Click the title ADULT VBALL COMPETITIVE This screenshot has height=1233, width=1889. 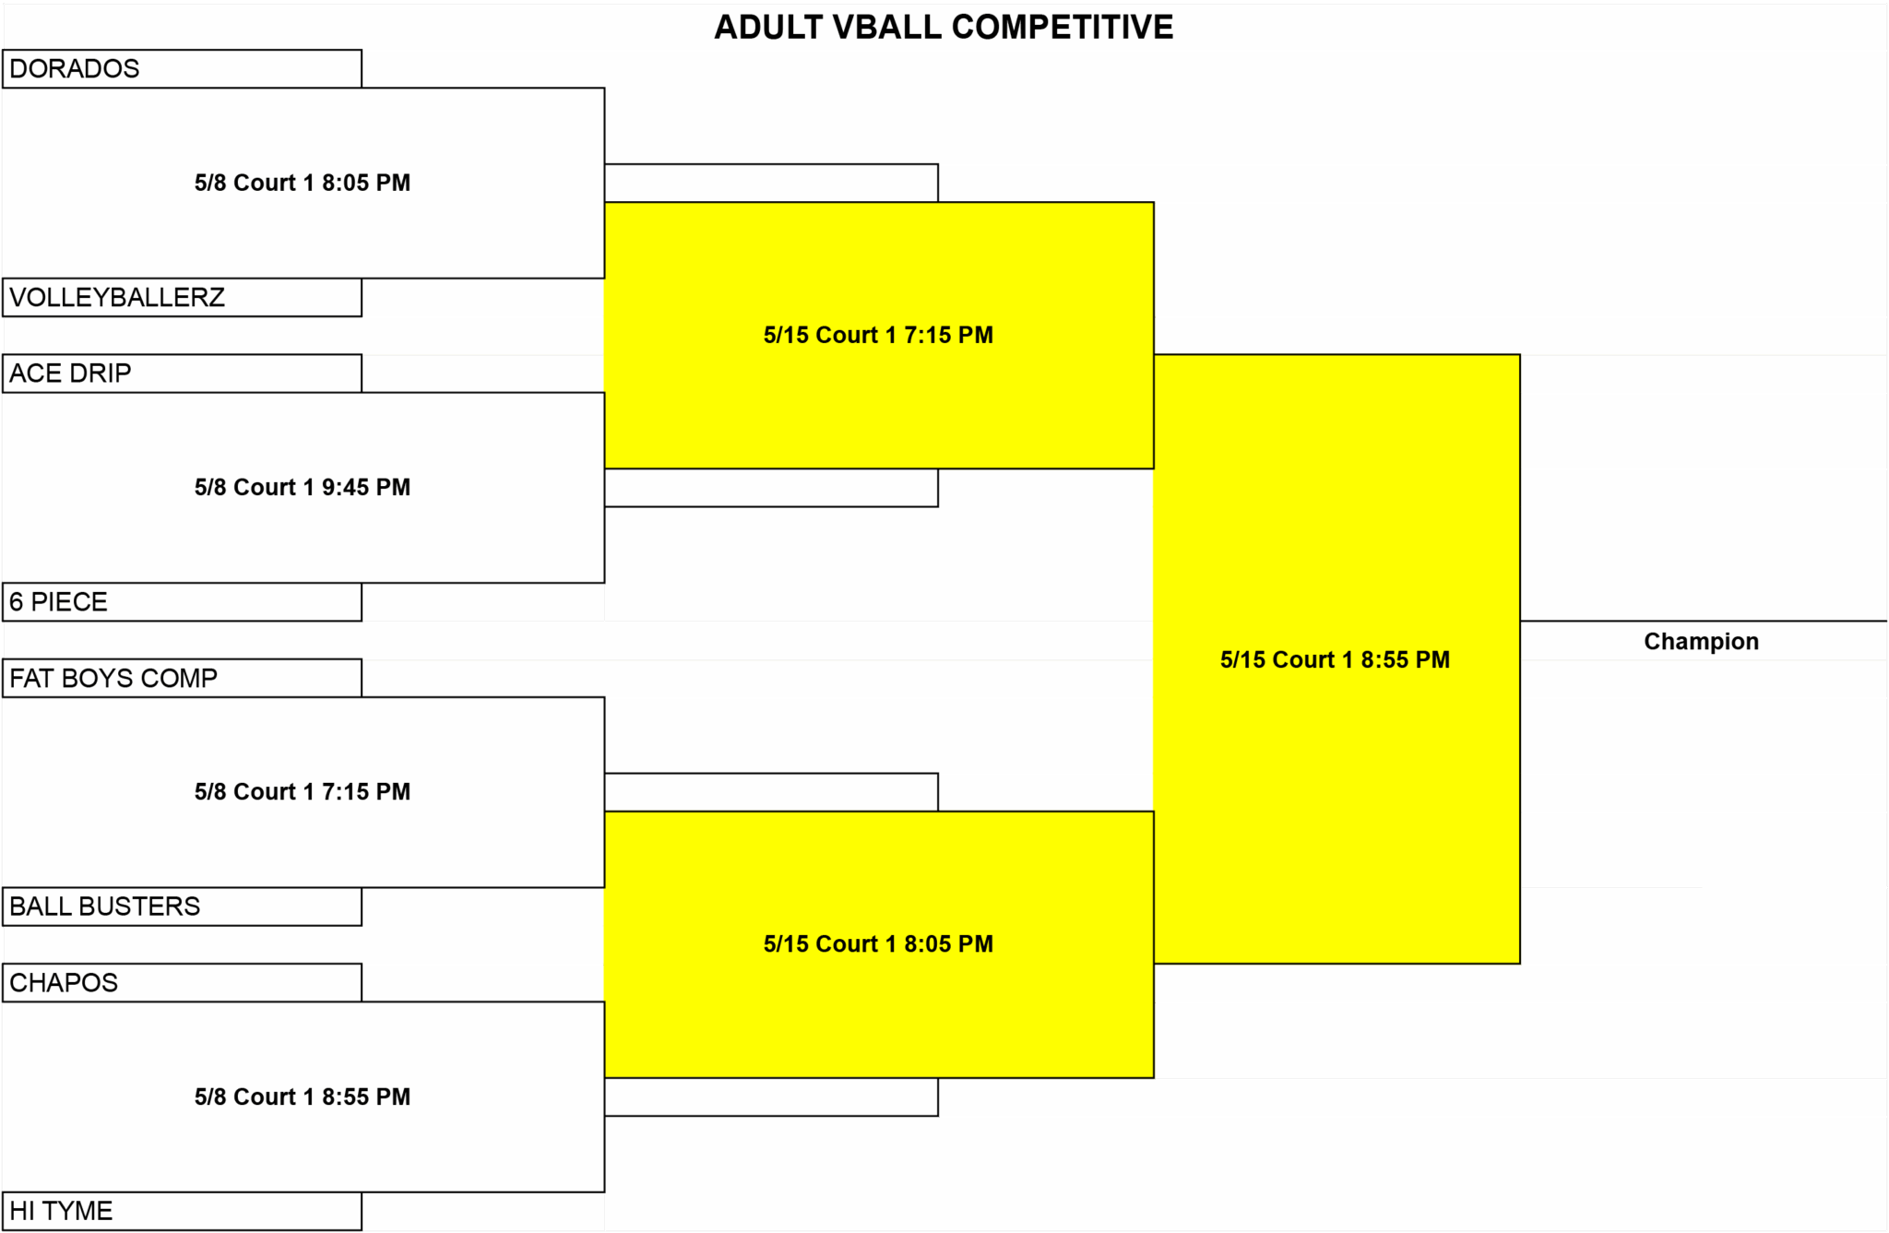point(944,28)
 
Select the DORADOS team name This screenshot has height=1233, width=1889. point(75,69)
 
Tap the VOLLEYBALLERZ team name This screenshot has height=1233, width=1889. point(117,297)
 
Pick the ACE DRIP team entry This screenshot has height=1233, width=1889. point(70,373)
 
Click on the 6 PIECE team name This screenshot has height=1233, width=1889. point(58,602)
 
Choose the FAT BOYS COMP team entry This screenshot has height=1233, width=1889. point(113,678)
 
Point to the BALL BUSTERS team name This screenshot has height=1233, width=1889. point(104,907)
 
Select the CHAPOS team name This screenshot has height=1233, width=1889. point(64,983)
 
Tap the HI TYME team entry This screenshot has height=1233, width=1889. point(61,1211)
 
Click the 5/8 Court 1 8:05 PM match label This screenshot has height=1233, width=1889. point(303,183)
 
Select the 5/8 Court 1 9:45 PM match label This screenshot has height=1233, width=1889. point(303,487)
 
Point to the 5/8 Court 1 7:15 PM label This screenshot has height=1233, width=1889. point(303,791)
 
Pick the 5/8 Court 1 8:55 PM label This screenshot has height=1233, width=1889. point(303,1097)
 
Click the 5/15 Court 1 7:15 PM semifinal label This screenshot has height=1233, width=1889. point(878,335)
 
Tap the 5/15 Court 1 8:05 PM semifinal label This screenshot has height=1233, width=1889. point(878,944)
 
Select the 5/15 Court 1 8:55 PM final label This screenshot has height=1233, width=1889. point(1335,659)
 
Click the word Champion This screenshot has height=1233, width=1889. point(1701,641)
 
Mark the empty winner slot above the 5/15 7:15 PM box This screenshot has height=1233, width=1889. point(771,184)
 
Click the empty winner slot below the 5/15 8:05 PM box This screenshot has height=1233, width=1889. point(771,1097)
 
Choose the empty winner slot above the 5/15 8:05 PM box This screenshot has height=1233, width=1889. point(771,792)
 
